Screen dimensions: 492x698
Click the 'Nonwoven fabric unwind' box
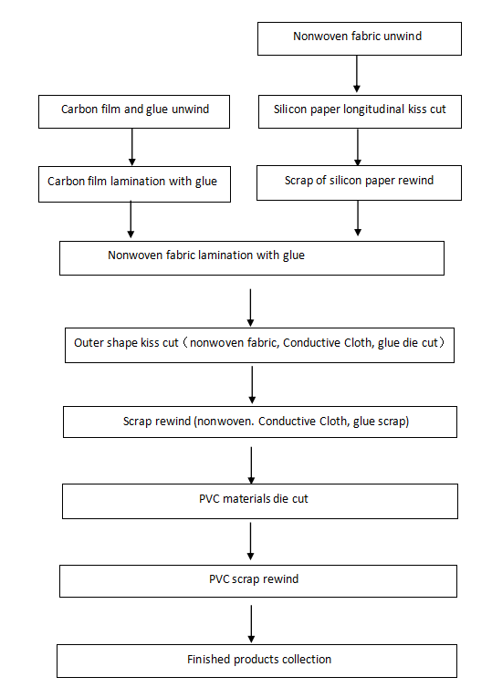[x=360, y=38]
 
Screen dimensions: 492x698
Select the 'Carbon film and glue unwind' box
[x=134, y=111]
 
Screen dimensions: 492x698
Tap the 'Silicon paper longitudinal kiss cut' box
[x=360, y=111]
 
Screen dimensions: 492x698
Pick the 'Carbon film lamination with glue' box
[x=134, y=184]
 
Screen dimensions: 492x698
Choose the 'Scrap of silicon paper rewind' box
[x=359, y=183]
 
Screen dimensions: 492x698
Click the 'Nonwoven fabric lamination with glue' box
[x=252, y=258]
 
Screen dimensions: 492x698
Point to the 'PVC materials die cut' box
[x=260, y=501]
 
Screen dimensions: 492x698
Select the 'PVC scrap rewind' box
[x=258, y=581]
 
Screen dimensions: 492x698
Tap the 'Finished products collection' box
[x=256, y=662]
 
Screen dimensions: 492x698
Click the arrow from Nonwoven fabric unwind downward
[x=357, y=74]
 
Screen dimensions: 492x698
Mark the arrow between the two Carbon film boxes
[x=131, y=147]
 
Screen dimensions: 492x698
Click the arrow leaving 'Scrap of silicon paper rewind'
[x=358, y=218]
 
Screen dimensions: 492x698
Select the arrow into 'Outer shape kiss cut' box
[x=250, y=307]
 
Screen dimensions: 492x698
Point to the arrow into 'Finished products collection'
[x=251, y=624]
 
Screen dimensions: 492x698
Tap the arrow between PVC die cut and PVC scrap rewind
[x=250, y=541]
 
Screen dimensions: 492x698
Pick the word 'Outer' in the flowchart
[x=89, y=343]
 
